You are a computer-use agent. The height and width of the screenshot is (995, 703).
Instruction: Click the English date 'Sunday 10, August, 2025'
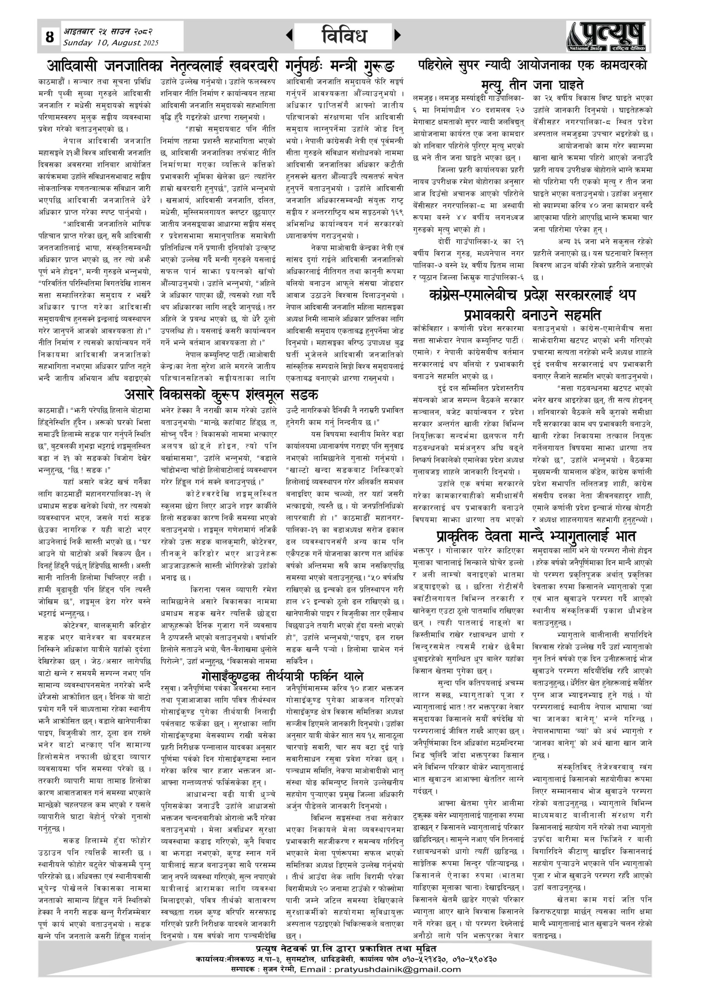tap(111, 43)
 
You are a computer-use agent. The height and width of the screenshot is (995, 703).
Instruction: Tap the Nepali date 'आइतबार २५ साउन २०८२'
tap(108, 31)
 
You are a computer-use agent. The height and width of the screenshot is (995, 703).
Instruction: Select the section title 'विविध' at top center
tap(345, 35)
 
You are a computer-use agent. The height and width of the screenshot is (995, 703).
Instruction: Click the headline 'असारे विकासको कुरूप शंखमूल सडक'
tap(221, 395)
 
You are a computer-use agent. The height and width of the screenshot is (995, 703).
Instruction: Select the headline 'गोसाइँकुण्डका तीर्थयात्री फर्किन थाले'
tap(282, 676)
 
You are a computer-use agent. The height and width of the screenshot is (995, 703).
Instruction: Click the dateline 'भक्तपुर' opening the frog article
tap(425, 551)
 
